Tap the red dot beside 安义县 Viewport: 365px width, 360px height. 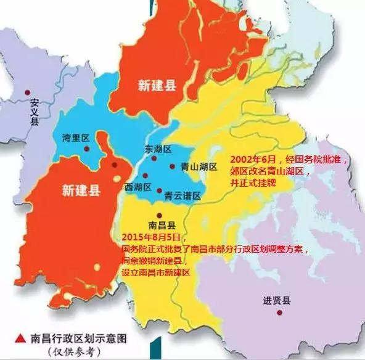27,92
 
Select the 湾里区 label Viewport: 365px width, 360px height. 75,136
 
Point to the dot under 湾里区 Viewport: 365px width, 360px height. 88,149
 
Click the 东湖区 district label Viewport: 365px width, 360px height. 158,149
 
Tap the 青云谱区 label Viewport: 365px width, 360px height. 182,195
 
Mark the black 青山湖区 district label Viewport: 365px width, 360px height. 199,166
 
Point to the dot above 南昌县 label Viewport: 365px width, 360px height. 159,215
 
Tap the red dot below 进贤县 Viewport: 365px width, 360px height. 280,312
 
